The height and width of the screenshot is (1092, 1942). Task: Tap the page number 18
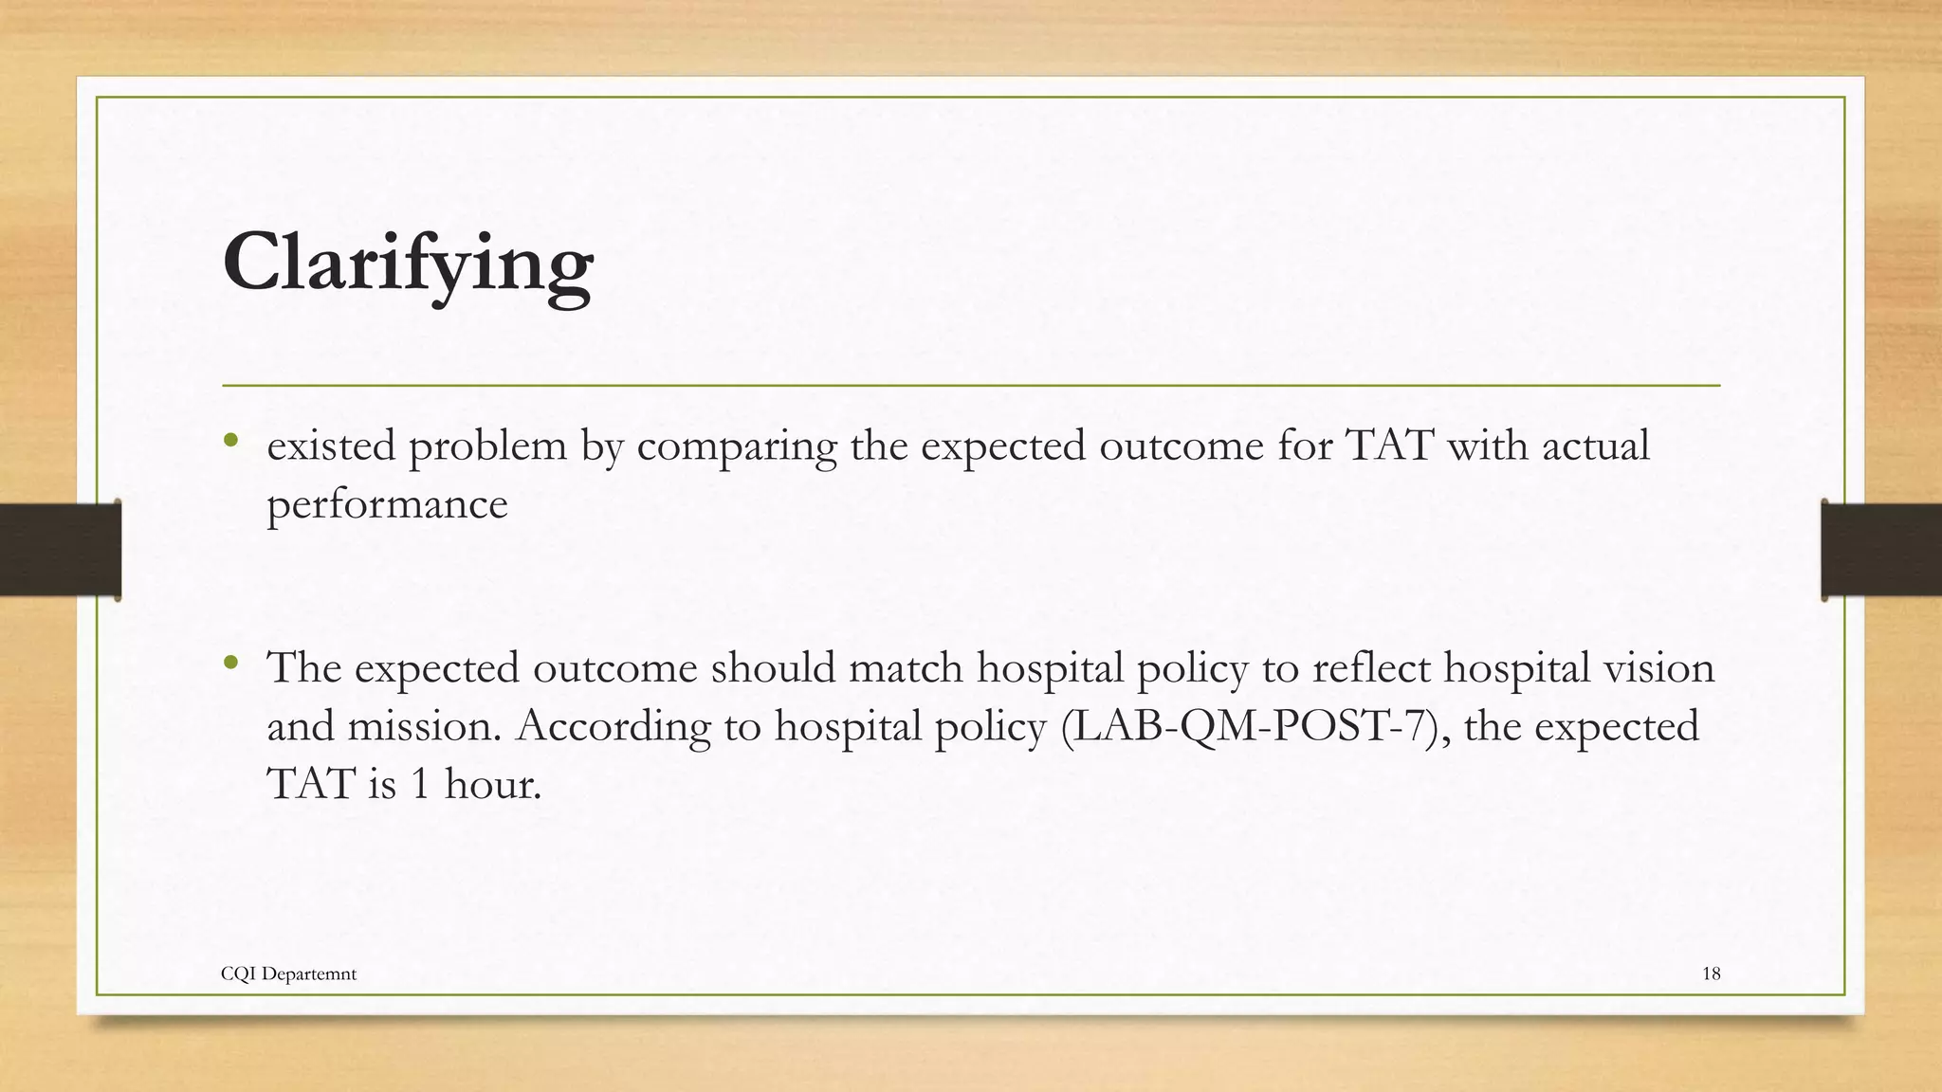(1711, 974)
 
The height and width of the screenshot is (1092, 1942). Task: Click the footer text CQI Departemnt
(288, 974)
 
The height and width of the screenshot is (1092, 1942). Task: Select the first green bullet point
(230, 441)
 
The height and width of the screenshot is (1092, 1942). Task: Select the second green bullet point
(230, 663)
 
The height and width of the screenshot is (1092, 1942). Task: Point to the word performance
(387, 504)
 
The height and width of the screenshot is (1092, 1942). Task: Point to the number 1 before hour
(420, 785)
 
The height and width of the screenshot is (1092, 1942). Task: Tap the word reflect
(1371, 668)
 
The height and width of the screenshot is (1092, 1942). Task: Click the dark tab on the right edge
(1881, 550)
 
